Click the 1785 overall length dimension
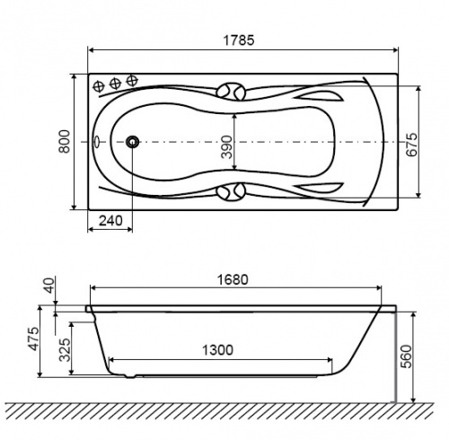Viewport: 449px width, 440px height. (x=239, y=40)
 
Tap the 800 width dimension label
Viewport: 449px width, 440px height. (x=65, y=141)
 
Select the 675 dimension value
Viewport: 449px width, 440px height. (x=411, y=145)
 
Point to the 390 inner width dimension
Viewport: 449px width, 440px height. (x=226, y=146)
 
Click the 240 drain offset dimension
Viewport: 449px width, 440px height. (x=110, y=221)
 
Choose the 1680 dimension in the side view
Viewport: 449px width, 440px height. (x=233, y=279)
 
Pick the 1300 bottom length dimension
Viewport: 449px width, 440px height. (x=217, y=349)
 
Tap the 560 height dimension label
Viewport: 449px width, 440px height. (x=406, y=356)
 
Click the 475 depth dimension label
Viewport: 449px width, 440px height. (x=33, y=339)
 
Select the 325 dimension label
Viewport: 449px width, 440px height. (x=65, y=350)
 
